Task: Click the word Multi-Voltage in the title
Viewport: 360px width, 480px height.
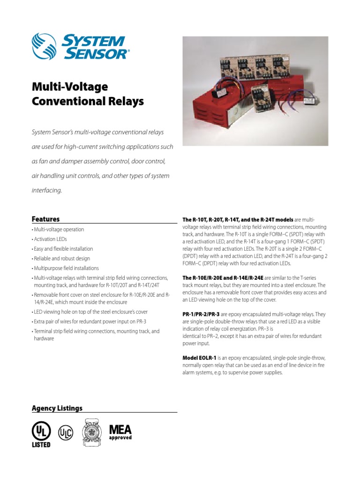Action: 69,87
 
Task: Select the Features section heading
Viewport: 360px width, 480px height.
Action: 45,219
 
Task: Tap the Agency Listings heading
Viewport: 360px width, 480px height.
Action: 57,408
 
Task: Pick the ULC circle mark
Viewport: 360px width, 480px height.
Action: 66,432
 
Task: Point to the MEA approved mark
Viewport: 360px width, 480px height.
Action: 120,432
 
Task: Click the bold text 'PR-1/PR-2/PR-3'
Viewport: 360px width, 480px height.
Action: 201,313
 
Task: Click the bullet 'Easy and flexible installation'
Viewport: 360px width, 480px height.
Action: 63,249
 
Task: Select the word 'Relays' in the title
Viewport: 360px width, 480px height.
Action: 125,101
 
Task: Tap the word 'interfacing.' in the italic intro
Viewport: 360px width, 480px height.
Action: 47,191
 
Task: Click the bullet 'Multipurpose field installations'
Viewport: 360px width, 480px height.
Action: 66,268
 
